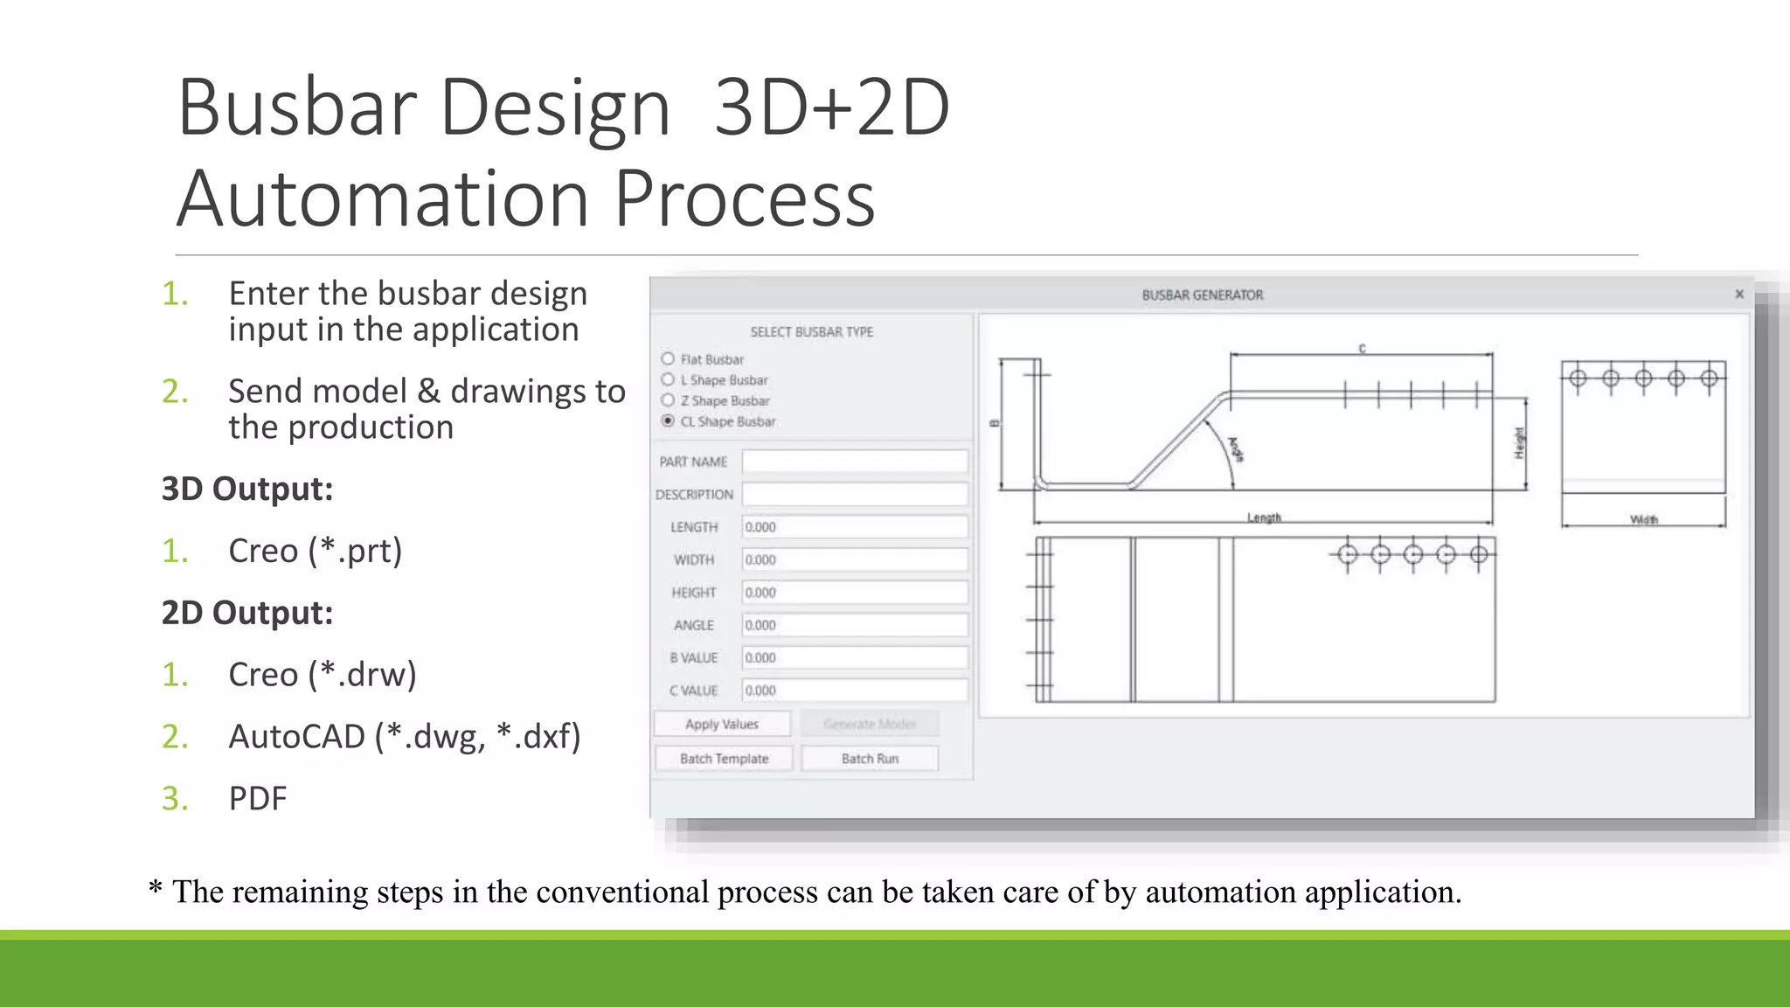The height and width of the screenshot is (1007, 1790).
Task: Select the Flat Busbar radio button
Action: tap(669, 359)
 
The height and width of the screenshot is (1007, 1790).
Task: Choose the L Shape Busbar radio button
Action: tap(669, 379)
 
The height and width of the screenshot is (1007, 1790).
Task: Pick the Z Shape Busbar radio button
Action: tap(669, 400)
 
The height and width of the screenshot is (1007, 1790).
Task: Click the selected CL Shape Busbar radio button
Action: tap(669, 421)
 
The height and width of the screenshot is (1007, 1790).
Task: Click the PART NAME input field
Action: tap(854, 462)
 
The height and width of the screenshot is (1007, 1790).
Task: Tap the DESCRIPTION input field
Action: tap(854, 495)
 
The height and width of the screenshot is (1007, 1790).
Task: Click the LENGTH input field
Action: tap(854, 527)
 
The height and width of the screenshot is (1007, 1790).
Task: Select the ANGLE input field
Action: tap(854, 625)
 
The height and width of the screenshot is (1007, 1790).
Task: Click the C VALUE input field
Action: tap(854, 691)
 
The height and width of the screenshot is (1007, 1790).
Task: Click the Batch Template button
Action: tap(724, 759)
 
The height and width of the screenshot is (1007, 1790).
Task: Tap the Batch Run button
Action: tap(870, 759)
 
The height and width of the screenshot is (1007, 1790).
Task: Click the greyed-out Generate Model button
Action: tap(870, 724)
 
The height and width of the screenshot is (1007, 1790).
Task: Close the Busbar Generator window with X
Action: tap(1739, 294)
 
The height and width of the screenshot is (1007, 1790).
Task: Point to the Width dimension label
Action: tap(1643, 520)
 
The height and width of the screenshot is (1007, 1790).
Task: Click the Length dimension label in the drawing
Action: tap(1264, 517)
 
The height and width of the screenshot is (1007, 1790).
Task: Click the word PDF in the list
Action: tap(258, 799)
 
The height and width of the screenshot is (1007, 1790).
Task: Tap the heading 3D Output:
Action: tap(247, 490)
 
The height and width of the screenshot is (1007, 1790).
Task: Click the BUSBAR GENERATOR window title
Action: tap(1202, 295)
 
